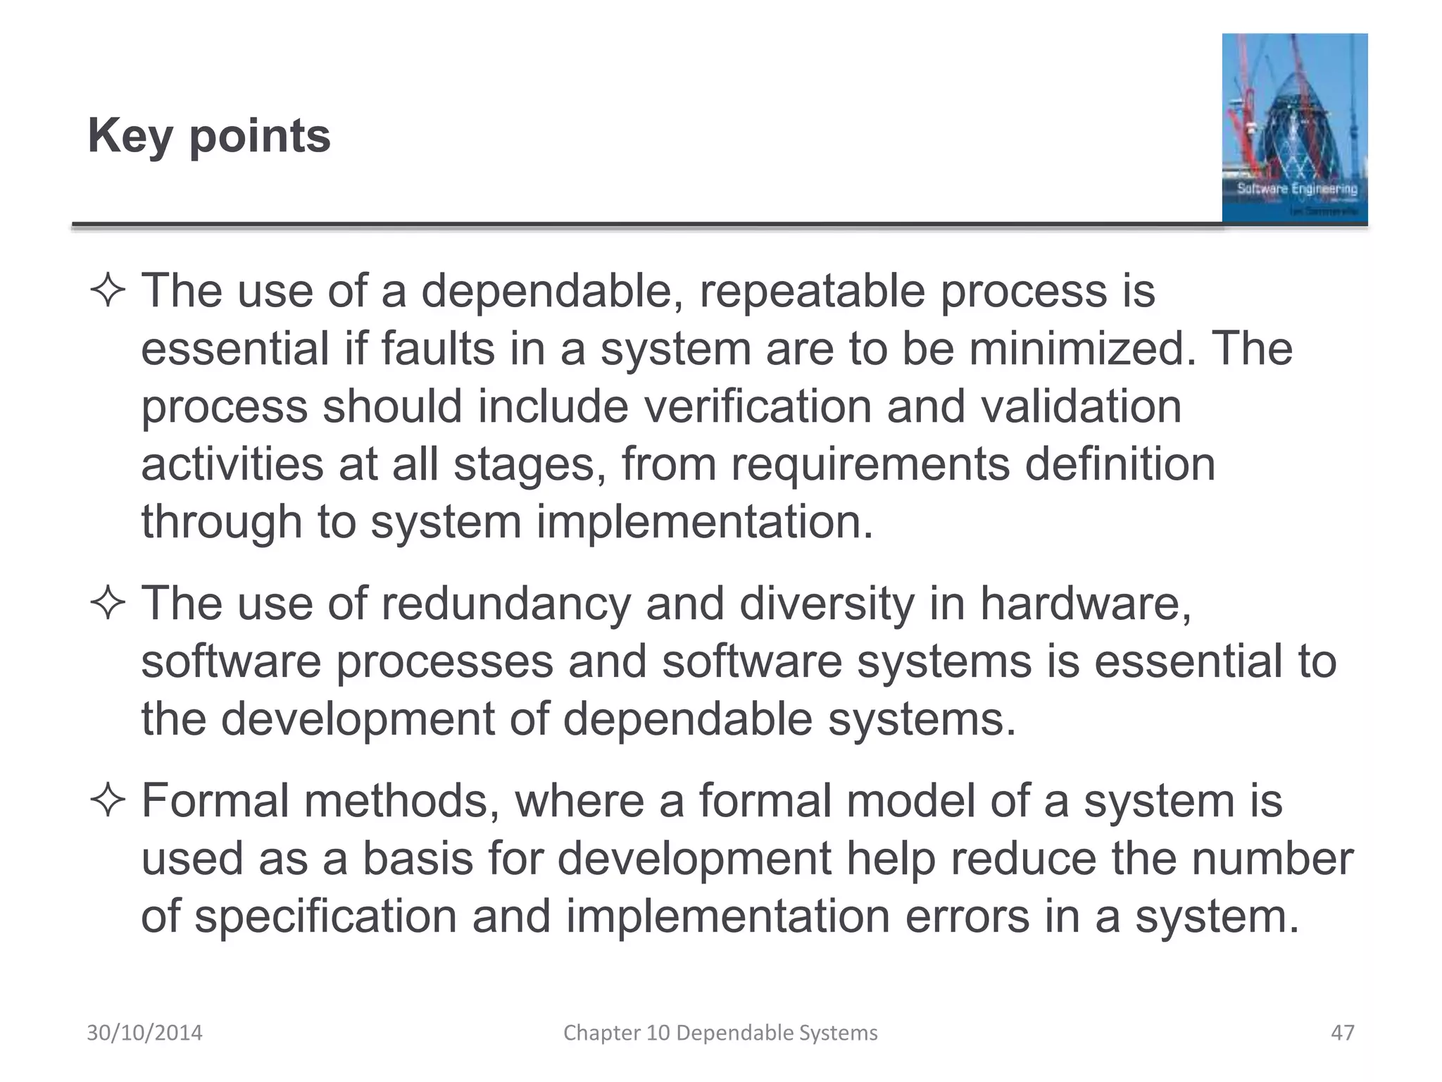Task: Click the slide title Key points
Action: [x=209, y=135]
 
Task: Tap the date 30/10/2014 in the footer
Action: [x=144, y=1033]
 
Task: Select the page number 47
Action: [x=1342, y=1033]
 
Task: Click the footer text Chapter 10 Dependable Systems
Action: [x=720, y=1033]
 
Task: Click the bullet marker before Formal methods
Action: [x=108, y=802]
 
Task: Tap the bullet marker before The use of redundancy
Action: [x=108, y=604]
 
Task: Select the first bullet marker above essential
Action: [x=108, y=292]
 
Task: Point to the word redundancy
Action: [x=506, y=604]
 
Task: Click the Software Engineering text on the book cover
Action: [x=1297, y=188]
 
